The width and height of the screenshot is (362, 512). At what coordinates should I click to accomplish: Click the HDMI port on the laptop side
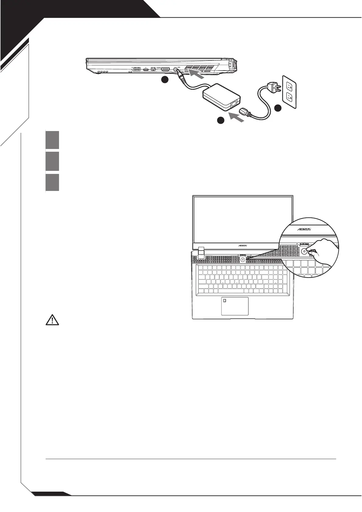pyautogui.click(x=165, y=69)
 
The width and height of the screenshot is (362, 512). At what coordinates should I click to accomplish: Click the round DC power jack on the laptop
pyautogui.click(x=176, y=69)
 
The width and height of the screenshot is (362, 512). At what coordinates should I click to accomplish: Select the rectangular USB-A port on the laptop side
pyautogui.click(x=137, y=69)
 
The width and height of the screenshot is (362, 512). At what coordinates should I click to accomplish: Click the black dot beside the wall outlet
pyautogui.click(x=278, y=108)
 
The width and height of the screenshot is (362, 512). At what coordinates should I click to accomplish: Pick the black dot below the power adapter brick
pyautogui.click(x=221, y=121)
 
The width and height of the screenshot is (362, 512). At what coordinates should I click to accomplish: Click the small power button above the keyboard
pyautogui.click(x=242, y=259)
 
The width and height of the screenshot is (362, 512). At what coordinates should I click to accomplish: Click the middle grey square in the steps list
pyautogui.click(x=52, y=161)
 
